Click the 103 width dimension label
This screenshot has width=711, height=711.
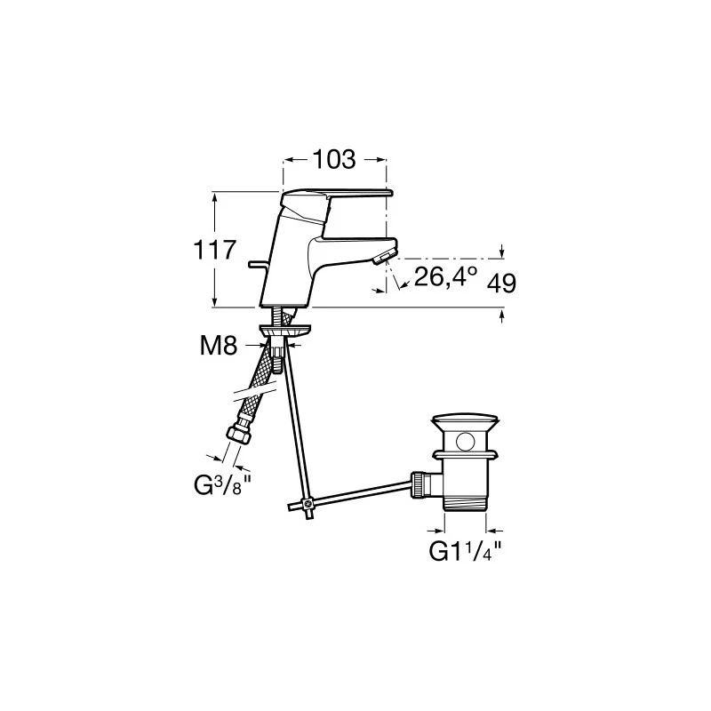334,160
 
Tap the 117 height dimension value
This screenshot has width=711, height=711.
215,250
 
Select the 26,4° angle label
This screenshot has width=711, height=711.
445,276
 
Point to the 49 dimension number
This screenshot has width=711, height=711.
501,284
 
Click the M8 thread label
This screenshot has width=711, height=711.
219,346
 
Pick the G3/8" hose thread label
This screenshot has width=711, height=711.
222,485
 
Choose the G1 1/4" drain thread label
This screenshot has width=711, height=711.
465,551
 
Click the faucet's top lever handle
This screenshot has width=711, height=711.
337,195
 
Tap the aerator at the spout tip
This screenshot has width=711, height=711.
384,258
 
